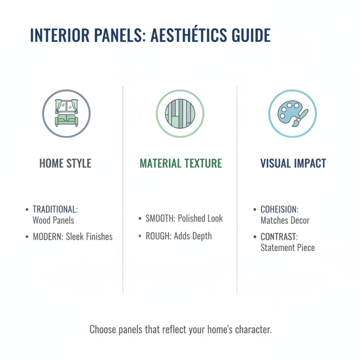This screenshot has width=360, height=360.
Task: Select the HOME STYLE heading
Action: pyautogui.click(x=65, y=163)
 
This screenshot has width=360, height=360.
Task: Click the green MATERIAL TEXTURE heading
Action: pyautogui.click(x=180, y=163)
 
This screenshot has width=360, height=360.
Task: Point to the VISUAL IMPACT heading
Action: pyautogui.click(x=293, y=163)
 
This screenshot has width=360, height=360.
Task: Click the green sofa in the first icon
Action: pyautogui.click(x=66, y=119)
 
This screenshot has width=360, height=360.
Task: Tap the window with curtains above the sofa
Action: pyautogui.click(x=66, y=106)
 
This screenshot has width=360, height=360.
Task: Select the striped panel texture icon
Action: pyautogui.click(x=180, y=112)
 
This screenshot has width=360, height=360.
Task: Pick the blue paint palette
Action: pyautogui.click(x=288, y=110)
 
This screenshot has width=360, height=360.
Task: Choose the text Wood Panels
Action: pyautogui.click(x=53, y=220)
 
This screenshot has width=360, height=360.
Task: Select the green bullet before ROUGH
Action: pyautogui.click(x=140, y=236)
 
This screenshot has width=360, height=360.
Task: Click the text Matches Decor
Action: pyautogui.click(x=285, y=220)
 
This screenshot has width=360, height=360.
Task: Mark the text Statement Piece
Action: pyautogui.click(x=288, y=247)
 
